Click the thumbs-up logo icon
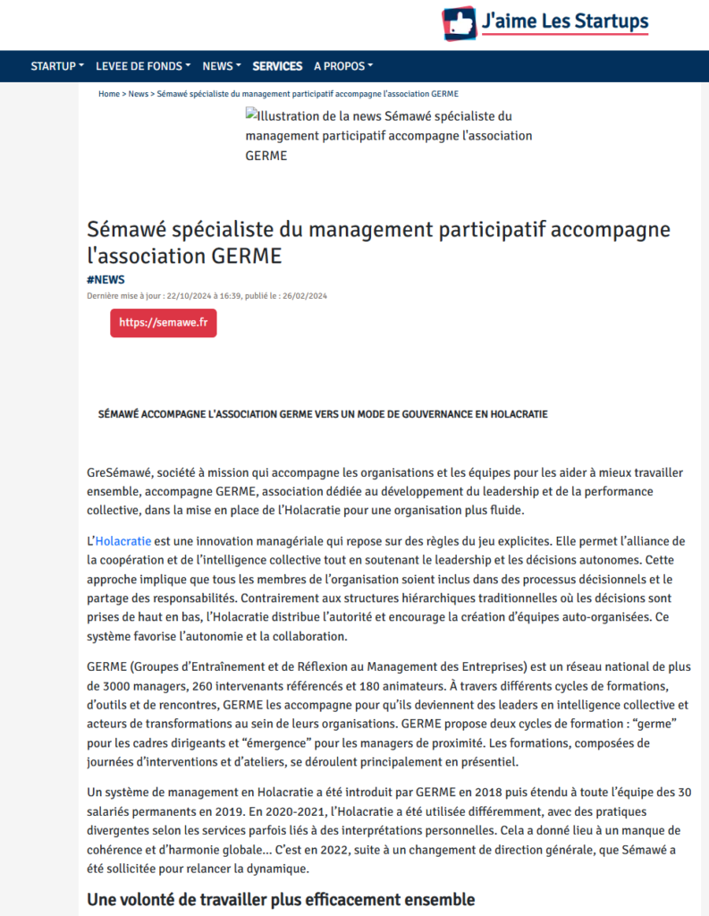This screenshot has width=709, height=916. coord(459,22)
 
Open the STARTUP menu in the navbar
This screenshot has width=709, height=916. coord(57,66)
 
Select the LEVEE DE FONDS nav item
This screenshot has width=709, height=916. coord(143,66)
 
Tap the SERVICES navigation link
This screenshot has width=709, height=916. coord(277,66)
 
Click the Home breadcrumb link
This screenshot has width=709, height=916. coord(109,93)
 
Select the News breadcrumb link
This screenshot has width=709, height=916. coord(139,93)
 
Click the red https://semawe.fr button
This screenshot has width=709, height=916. coord(163,323)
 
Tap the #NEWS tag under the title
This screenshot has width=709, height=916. coord(106,280)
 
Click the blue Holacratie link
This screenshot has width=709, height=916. coord(123,541)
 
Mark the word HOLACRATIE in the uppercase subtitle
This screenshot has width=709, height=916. coord(513,414)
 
